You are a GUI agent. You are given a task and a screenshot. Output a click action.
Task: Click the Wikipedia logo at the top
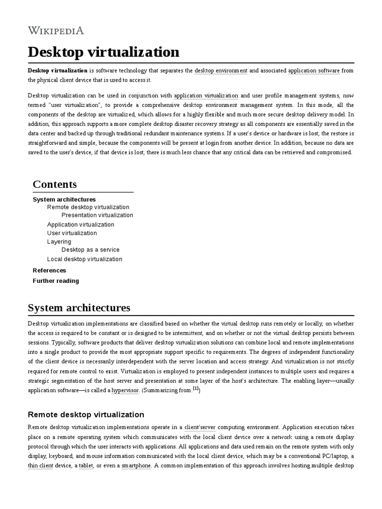pyautogui.click(x=56, y=31)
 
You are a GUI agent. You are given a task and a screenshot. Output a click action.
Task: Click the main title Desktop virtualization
pyautogui.click(x=103, y=52)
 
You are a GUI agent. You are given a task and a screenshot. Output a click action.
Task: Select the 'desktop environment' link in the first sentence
pyautogui.click(x=221, y=71)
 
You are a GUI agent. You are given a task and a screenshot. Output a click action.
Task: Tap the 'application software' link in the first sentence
pyautogui.click(x=314, y=71)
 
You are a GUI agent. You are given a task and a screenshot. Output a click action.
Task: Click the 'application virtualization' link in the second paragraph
pyautogui.click(x=206, y=95)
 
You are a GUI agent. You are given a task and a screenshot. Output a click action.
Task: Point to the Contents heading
pyautogui.click(x=55, y=184)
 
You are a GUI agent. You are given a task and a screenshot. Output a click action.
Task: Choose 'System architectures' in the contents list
pyautogui.click(x=64, y=199)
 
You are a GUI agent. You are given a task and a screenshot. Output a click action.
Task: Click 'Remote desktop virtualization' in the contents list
pyautogui.click(x=88, y=207)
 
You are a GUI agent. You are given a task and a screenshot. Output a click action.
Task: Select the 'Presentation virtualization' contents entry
pyautogui.click(x=97, y=215)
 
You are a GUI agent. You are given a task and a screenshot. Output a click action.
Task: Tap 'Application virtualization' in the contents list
pyautogui.click(x=81, y=225)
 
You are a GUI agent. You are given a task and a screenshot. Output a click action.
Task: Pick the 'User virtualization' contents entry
pyautogui.click(x=72, y=233)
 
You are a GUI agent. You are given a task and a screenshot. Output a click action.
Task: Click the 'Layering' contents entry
pyautogui.click(x=59, y=242)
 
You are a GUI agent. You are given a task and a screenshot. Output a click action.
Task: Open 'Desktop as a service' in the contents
pyautogui.click(x=91, y=250)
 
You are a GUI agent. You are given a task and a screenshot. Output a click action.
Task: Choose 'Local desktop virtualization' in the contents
pyautogui.click(x=85, y=259)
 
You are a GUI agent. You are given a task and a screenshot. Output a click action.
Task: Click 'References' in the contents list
pyautogui.click(x=49, y=270)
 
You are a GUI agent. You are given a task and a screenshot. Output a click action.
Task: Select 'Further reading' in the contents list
pyautogui.click(x=56, y=281)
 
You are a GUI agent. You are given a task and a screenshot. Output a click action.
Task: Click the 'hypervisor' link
pyautogui.click(x=125, y=391)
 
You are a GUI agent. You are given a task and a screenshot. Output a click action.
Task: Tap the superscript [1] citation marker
pyautogui.click(x=196, y=389)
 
